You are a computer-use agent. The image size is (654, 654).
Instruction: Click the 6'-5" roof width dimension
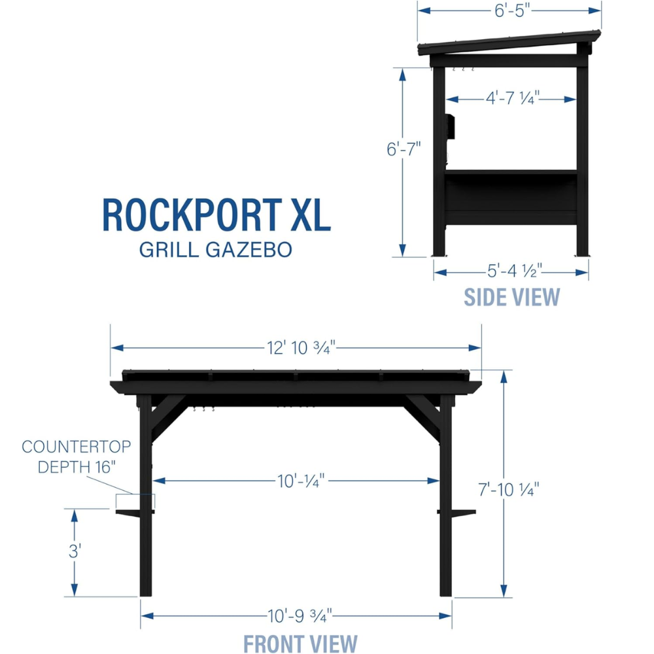(512, 10)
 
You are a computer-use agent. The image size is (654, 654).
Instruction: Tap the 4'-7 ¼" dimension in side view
(513, 99)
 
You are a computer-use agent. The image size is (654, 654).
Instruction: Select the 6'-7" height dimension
(404, 149)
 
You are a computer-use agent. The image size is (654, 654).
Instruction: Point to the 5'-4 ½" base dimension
(515, 271)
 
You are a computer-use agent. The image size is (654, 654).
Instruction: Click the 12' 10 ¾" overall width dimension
(301, 347)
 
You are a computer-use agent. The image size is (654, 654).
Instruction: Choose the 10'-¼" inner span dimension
(301, 481)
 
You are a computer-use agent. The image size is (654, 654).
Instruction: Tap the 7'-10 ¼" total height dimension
(508, 489)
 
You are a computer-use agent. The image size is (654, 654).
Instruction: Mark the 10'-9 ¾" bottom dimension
(300, 615)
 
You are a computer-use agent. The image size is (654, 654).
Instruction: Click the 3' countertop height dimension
(75, 551)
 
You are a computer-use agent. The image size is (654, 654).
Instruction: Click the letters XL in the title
(311, 215)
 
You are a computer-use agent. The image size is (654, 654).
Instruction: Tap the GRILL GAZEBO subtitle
(215, 249)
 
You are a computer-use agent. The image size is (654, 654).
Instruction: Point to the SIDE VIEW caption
(512, 297)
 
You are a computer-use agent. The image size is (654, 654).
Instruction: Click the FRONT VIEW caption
(300, 643)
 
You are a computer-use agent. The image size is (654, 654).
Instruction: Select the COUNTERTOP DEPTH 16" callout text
(77, 456)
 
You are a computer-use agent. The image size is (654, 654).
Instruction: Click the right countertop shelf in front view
(456, 513)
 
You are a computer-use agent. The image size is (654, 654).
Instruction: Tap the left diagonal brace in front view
(168, 419)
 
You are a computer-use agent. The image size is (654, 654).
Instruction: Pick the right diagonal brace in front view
(422, 419)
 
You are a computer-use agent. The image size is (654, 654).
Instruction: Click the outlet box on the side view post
(450, 126)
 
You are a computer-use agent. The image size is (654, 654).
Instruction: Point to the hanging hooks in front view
(203, 409)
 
